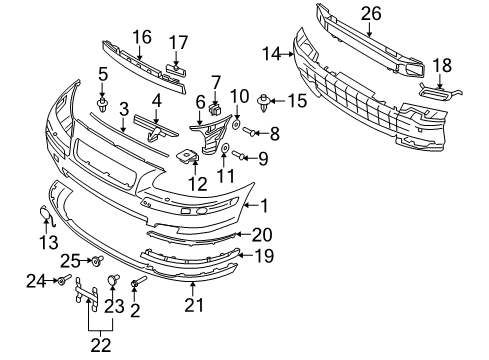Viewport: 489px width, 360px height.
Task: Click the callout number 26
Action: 371,14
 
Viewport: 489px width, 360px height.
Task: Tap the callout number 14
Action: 271,54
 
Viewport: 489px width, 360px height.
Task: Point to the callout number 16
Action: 141,37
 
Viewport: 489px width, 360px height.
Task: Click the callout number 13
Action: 49,242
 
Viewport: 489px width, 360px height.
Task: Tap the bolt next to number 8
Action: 249,132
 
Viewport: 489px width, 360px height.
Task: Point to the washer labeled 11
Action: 225,147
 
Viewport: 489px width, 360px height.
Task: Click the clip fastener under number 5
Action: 102,103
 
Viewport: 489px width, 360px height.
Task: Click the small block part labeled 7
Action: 216,99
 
